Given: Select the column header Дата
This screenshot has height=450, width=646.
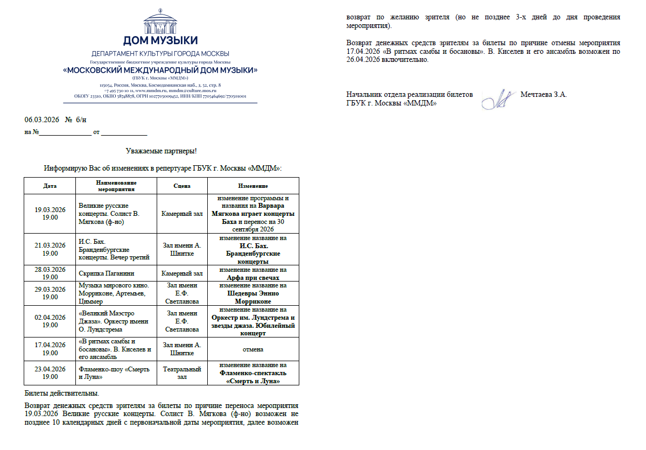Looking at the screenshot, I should pyautogui.click(x=50, y=186).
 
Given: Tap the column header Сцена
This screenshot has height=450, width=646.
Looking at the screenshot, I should pyautogui.click(x=182, y=186).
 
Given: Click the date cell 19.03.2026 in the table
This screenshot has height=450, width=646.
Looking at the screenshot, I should pyautogui.click(x=50, y=214).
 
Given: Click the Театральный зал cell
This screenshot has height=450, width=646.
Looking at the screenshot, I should pyautogui.click(x=182, y=373).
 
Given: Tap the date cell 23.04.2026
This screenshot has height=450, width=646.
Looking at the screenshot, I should pyautogui.click(x=50, y=373).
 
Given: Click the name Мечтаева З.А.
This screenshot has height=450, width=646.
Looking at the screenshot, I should pyautogui.click(x=544, y=95).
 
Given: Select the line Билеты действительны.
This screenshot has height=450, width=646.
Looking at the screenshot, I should pyautogui.click(x=62, y=393).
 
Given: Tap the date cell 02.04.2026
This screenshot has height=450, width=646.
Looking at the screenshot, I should pyautogui.click(x=50, y=321).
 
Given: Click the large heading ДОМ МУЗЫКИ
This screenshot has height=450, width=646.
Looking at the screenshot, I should pyautogui.click(x=160, y=40).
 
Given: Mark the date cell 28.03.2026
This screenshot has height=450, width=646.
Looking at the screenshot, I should pyautogui.click(x=50, y=273).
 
